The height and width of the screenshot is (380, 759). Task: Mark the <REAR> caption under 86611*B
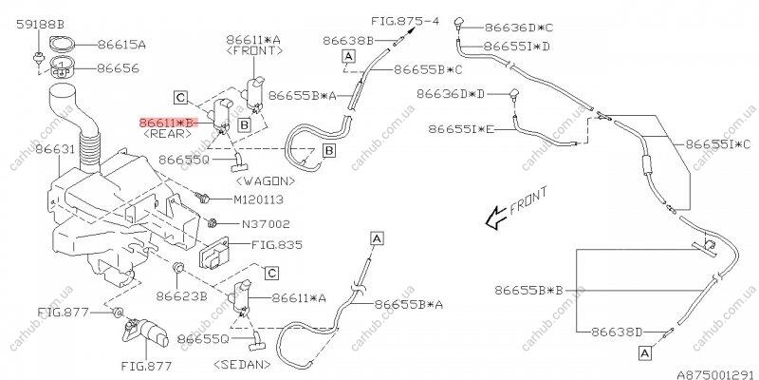pyautogui.click(x=166, y=136)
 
